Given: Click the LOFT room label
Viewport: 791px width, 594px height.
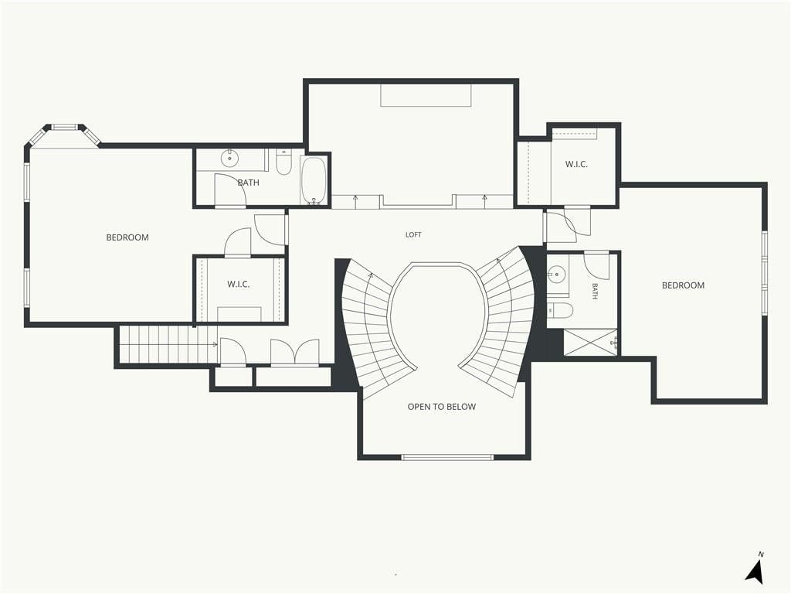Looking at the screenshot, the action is click(x=413, y=234).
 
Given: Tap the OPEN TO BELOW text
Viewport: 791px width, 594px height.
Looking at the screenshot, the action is click(x=441, y=407).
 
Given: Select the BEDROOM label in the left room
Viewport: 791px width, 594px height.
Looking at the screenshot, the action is click(x=127, y=237).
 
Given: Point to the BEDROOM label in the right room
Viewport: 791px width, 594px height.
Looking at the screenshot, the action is click(x=683, y=285).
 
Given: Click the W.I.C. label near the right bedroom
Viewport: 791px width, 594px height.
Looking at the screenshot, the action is click(x=576, y=164).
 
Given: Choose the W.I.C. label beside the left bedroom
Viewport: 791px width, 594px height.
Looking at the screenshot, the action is click(x=238, y=285).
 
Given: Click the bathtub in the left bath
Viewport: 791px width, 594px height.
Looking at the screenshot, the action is click(x=314, y=181).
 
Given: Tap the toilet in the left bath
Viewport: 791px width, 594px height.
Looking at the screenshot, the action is click(x=283, y=162).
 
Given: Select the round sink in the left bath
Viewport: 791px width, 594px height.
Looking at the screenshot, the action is click(x=229, y=158).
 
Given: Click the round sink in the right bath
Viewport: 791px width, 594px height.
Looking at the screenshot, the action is click(x=557, y=275).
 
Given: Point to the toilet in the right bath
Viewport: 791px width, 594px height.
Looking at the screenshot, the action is click(x=560, y=311).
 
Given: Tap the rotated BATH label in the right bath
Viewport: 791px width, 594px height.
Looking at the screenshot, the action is click(x=595, y=291).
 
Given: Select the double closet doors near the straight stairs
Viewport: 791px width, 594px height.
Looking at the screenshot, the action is click(x=295, y=352).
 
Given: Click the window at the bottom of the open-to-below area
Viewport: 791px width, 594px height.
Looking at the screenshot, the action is click(x=447, y=458).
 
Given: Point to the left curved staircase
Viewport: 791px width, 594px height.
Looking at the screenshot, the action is click(x=373, y=328).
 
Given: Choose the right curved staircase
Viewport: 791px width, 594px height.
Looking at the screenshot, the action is click(x=502, y=323).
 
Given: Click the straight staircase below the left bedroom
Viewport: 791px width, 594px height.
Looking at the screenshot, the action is click(x=169, y=344).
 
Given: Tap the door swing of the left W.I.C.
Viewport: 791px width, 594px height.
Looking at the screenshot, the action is click(x=238, y=241).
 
